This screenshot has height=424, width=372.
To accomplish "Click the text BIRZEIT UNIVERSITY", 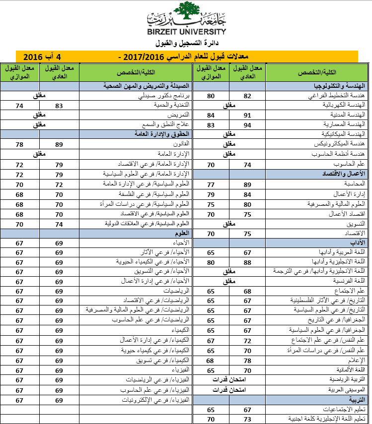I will click(186, 31).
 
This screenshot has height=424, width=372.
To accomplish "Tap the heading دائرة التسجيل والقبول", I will click(186, 43).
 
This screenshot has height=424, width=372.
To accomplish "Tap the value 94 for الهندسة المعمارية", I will click(247, 124).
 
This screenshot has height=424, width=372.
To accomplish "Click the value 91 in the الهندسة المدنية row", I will click(247, 115).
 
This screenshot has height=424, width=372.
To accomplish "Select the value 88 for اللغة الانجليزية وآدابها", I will click(247, 261).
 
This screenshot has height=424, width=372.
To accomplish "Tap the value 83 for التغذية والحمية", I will click(59, 105).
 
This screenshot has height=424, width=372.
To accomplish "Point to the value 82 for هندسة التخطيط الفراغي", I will click(247, 96).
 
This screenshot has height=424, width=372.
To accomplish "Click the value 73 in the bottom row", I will click(247, 419).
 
